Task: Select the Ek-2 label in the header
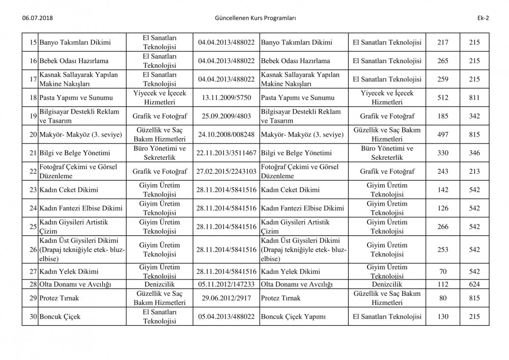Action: (x=484, y=19)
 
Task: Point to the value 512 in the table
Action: (x=443, y=98)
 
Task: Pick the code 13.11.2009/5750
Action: (x=227, y=98)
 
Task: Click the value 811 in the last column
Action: (x=474, y=98)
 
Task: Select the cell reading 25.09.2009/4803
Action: (x=227, y=116)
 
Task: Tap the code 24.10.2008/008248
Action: (x=227, y=134)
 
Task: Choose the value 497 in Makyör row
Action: (x=443, y=134)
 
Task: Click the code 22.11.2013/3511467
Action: (x=227, y=153)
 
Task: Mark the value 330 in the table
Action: (x=443, y=153)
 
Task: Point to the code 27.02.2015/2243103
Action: (x=227, y=172)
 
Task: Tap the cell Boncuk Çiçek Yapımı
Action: (x=293, y=317)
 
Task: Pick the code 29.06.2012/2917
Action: (x=227, y=298)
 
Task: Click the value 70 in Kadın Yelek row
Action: (x=443, y=271)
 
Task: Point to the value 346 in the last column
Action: (x=474, y=153)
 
